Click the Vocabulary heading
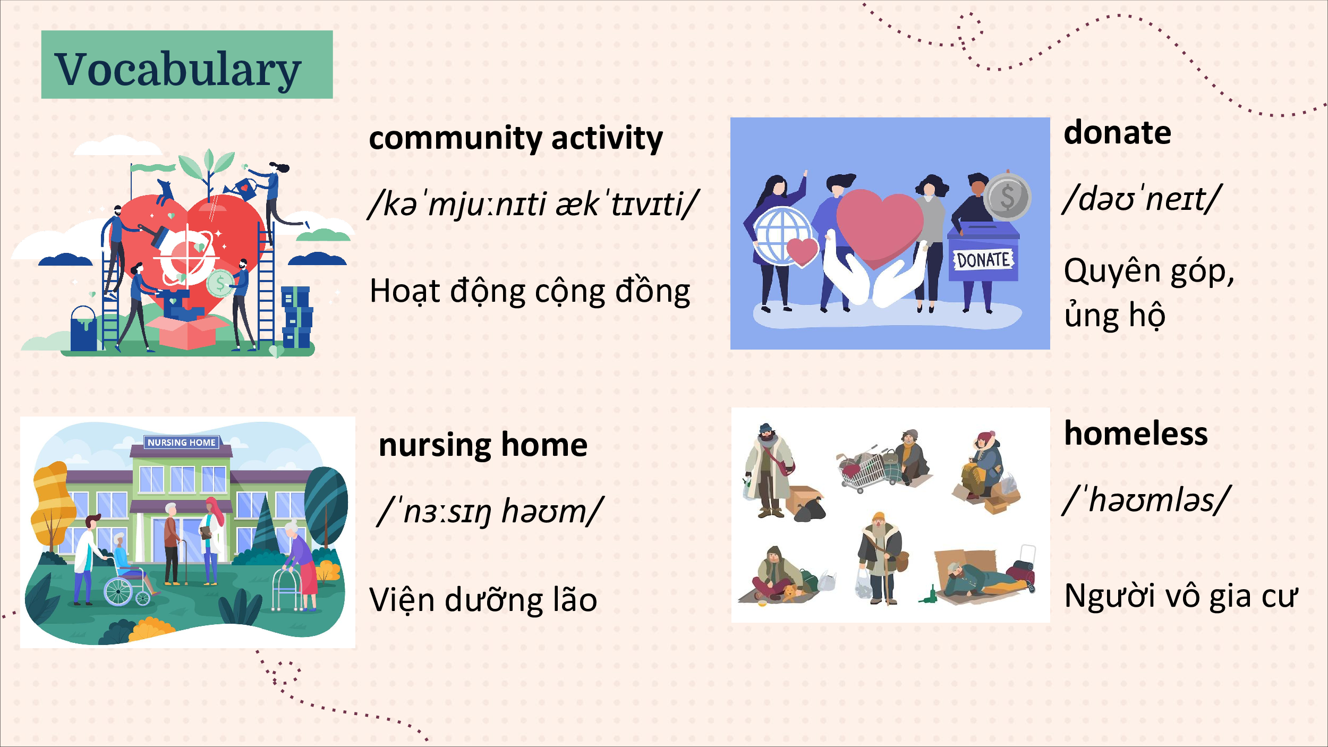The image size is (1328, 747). tap(178, 69)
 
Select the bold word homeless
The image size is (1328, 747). tap(1136, 433)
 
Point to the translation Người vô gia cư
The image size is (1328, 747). tap(1180, 596)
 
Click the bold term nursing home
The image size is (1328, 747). tap(483, 445)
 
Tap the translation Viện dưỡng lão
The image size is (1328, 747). tap(483, 599)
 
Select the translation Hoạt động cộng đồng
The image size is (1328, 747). tap(530, 291)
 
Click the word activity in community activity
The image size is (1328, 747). tap(607, 139)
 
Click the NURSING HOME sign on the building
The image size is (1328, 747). tap(181, 443)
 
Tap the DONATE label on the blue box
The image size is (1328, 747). tap(983, 260)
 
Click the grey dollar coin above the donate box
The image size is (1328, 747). tap(1007, 197)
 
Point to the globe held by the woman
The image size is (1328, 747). tap(782, 235)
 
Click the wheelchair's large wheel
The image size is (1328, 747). tap(118, 591)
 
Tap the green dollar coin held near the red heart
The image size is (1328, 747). tap(220, 284)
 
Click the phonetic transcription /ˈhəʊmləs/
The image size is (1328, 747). tap(1146, 499)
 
